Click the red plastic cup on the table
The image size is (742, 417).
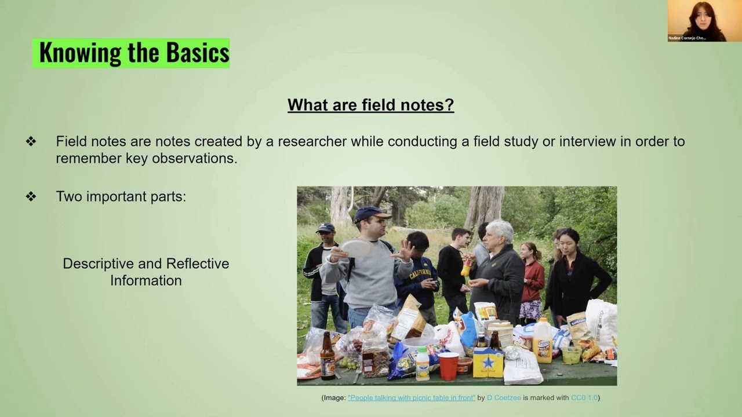tap(448, 366)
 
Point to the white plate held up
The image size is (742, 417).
tap(357, 248)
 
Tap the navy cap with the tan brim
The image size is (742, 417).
tap(371, 214)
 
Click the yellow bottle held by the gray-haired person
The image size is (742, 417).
tap(465, 267)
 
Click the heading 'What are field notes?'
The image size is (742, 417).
tap(370, 105)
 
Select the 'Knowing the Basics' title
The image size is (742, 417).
tap(134, 53)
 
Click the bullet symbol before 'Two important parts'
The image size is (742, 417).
tap(31, 196)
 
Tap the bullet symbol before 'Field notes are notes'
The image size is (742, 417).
tap(31, 141)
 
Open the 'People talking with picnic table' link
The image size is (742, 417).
tap(411, 397)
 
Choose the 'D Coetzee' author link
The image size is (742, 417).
tap(504, 397)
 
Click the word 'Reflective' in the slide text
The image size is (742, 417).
tap(198, 264)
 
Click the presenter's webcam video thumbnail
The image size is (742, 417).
tap(696, 21)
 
